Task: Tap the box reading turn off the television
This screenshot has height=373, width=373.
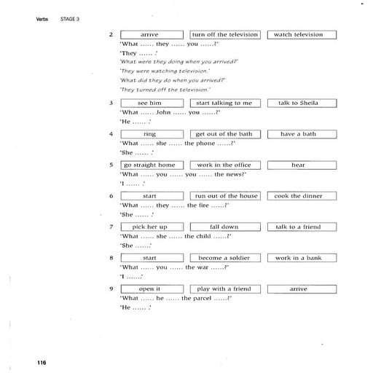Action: [224, 34]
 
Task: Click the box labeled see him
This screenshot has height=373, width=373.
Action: [149, 103]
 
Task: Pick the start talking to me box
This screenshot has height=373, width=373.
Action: [224, 103]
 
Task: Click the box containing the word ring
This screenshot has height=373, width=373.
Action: [149, 134]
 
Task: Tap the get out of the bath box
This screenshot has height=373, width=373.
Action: [224, 134]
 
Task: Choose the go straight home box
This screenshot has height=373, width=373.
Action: [149, 165]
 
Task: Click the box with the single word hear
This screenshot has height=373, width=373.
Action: [298, 165]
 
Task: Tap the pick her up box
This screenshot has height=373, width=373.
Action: [149, 227]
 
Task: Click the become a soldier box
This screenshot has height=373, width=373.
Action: [224, 258]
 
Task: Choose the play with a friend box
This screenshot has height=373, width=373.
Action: [224, 289]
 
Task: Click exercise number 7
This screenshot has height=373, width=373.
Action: [111, 227]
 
